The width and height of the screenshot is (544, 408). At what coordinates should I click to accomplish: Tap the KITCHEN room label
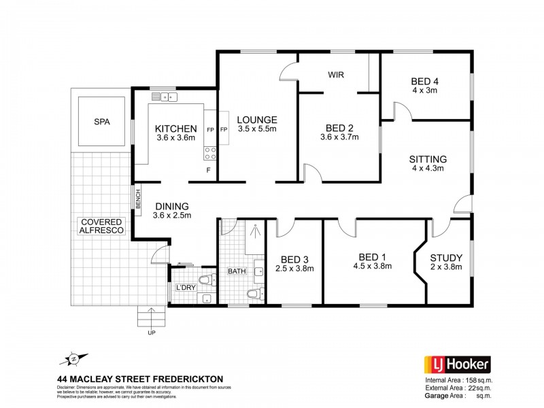pyautogui.click(x=175, y=129)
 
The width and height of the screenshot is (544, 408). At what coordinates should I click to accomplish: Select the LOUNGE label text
pyautogui.click(x=256, y=120)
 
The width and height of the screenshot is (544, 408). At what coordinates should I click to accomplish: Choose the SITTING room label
pyautogui.click(x=427, y=160)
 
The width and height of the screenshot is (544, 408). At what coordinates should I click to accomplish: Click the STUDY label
pyautogui.click(x=446, y=258)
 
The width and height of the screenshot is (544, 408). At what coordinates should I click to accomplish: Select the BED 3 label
pyautogui.click(x=294, y=258)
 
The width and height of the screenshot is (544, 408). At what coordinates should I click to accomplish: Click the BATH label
pyautogui.click(x=237, y=271)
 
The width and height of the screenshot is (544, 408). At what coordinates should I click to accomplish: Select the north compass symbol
pyautogui.click(x=74, y=358)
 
